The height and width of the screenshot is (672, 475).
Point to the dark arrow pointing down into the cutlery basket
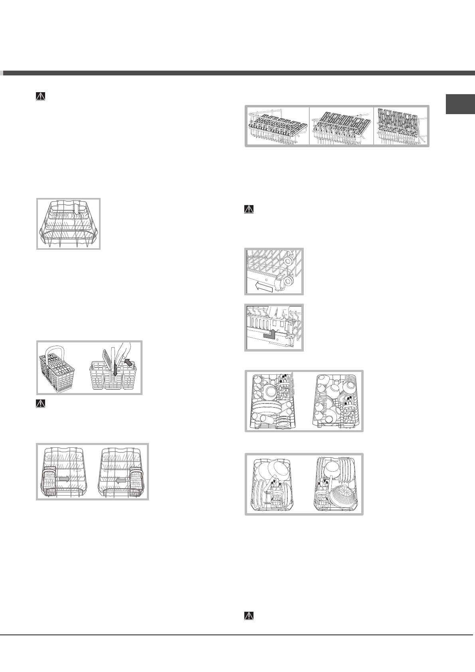pos(115,371)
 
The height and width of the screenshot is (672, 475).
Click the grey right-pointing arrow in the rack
pos(63,478)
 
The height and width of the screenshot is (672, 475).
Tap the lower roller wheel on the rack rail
pos(287,281)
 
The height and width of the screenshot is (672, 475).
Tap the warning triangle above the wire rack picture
pos(40,96)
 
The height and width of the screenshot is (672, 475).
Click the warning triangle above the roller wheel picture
pos(248,210)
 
